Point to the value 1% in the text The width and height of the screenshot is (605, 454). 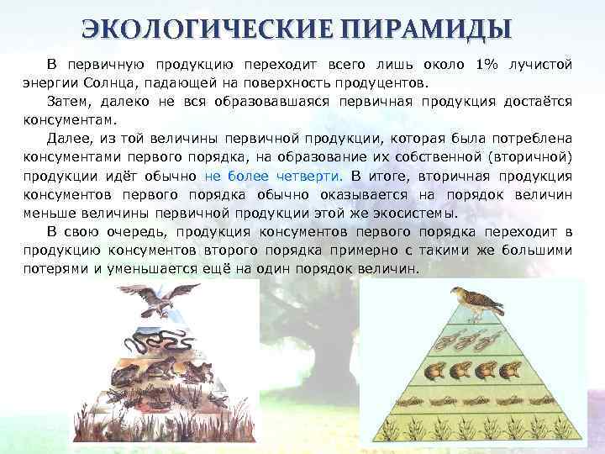[x=487, y=66]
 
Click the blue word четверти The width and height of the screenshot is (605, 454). [x=308, y=177]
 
